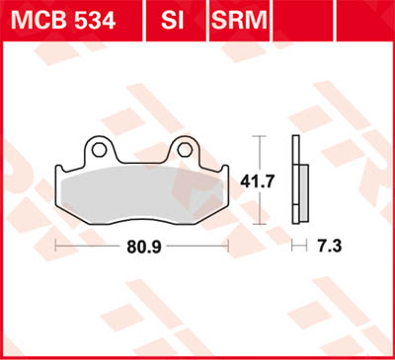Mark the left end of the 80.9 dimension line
[x=56, y=241]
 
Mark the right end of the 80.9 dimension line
[x=229, y=241]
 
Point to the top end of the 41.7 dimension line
[x=259, y=135]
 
